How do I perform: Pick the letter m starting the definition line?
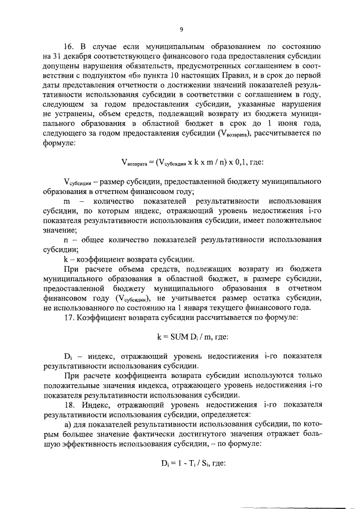coord(66,201)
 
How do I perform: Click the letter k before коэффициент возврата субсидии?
coord(65,260)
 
